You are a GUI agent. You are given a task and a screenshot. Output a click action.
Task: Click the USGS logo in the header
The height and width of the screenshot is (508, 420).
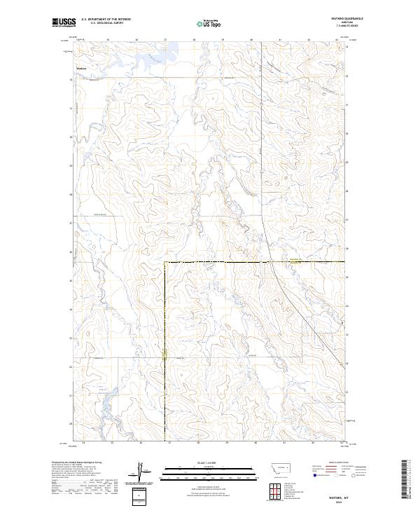pos(64,22)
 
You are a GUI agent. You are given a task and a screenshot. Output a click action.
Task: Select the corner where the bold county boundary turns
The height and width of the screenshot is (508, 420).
pos(165,262)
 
